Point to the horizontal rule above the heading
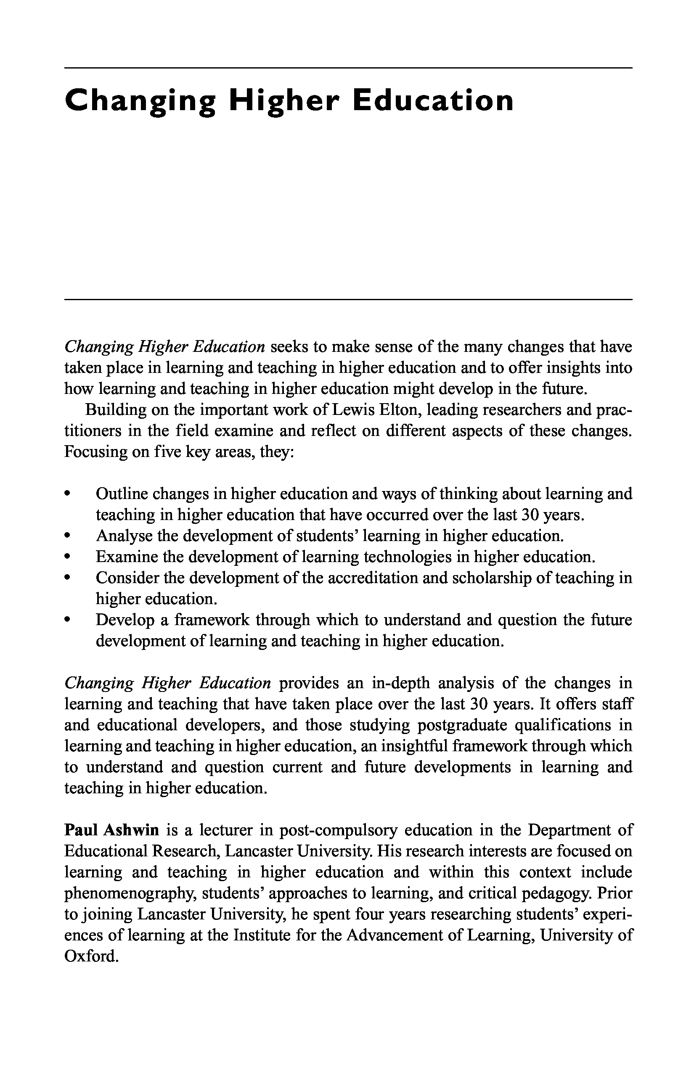(x=348, y=68)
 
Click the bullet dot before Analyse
(x=68, y=536)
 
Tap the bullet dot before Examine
(x=68, y=557)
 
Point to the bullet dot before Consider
(x=68, y=578)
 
